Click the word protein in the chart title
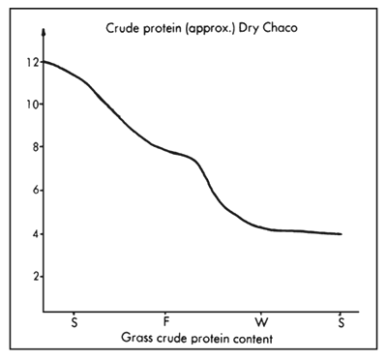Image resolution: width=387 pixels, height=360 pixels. (164, 29)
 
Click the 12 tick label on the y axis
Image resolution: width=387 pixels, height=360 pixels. (34, 62)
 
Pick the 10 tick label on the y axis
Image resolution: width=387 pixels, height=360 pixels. (34, 105)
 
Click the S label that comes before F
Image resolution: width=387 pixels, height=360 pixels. (74, 320)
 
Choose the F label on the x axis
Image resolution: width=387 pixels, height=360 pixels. (167, 320)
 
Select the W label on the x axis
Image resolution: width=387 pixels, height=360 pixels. (260, 320)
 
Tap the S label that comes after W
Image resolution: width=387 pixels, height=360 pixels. (341, 320)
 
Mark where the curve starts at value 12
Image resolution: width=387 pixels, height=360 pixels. (45, 62)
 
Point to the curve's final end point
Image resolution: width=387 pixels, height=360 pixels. (342, 234)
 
